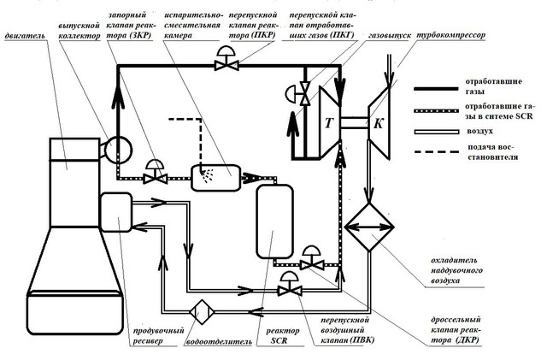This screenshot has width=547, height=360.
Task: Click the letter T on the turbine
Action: coord(329,123)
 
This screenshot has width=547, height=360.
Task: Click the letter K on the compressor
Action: coord(378,124)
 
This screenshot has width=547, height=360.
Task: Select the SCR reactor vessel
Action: coord(275,221)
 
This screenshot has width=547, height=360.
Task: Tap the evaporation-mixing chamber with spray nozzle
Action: coord(216,177)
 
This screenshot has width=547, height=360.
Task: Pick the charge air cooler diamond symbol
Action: coord(369,227)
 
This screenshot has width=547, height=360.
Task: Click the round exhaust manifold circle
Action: coord(119,150)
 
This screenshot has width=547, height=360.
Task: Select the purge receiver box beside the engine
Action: coord(116,212)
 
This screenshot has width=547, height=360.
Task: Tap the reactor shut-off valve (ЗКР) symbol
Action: coord(156,172)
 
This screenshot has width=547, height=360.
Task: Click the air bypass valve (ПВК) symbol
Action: coord(290,284)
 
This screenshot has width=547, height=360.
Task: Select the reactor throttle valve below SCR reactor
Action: coord(311,258)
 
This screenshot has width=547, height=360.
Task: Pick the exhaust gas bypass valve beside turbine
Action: coord(299,93)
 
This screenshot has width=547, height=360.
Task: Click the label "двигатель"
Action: coord(25,36)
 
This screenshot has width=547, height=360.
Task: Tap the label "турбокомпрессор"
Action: coord(451,35)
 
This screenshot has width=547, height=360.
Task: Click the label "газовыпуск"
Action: coord(390,36)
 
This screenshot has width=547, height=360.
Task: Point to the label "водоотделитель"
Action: coord(219,341)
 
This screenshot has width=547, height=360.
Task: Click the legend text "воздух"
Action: coord(479,132)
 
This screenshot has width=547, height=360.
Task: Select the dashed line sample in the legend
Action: coord(437,152)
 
